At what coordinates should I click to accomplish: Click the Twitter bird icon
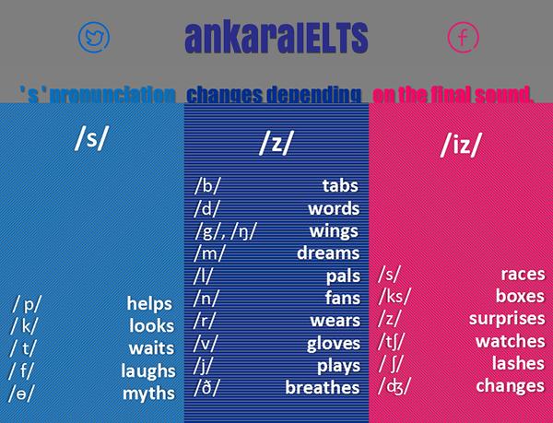(93, 37)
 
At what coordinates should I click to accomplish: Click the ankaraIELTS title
(276, 39)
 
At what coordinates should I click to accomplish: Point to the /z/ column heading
(276, 146)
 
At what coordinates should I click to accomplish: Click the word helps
(151, 304)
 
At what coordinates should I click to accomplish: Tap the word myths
(148, 394)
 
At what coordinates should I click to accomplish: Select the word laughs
(147, 371)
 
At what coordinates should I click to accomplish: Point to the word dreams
(328, 253)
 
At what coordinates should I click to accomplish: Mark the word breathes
(322, 388)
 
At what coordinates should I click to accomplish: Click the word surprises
(506, 318)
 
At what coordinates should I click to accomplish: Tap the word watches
(510, 341)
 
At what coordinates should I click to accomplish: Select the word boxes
(520, 296)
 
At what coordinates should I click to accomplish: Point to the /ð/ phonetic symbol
(207, 388)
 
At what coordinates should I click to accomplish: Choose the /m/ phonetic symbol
(209, 253)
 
